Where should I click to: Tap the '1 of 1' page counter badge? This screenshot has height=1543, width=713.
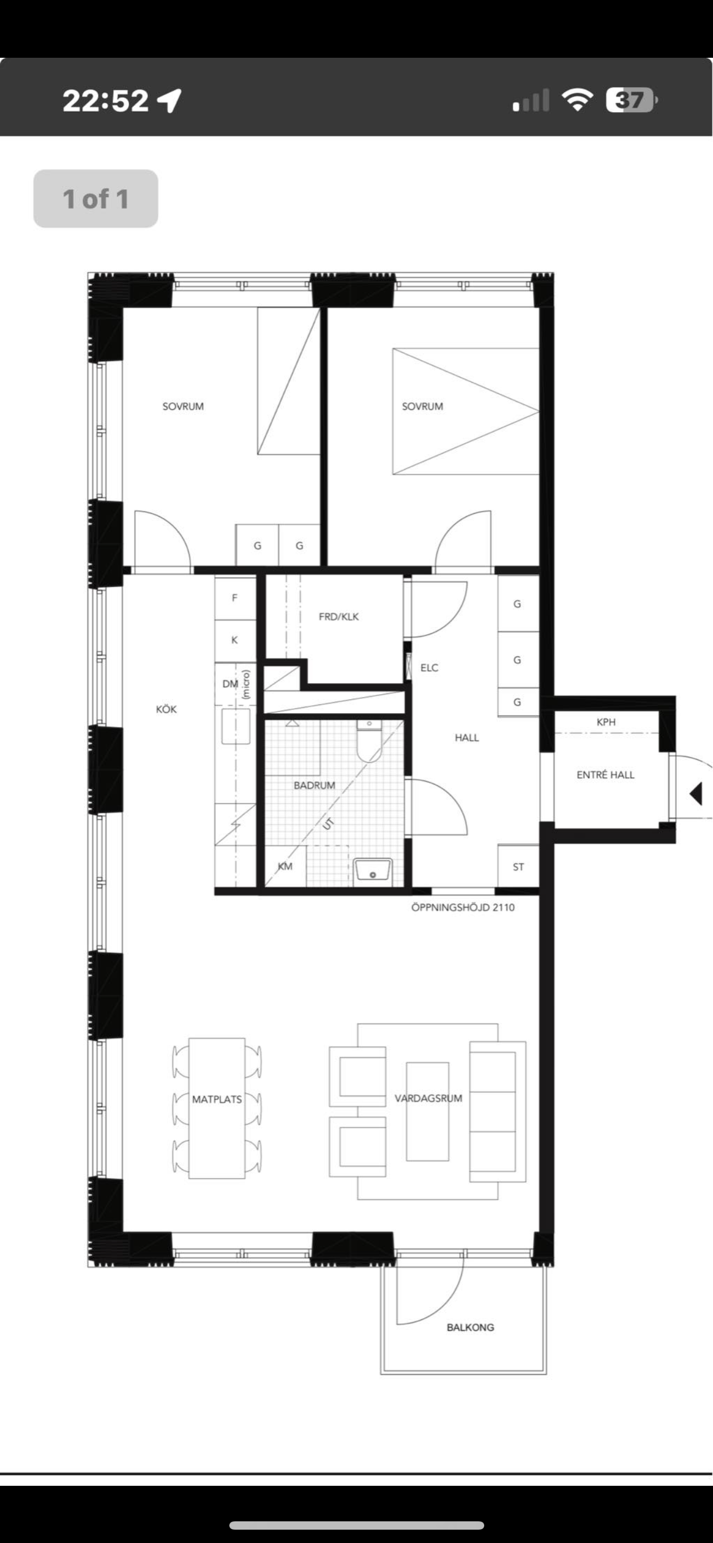click(96, 199)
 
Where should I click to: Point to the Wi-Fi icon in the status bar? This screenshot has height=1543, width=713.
click(577, 100)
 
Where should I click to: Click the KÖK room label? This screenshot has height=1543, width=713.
click(167, 709)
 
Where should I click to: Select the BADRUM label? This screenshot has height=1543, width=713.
click(314, 785)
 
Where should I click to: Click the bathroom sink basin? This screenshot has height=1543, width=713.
click(373, 869)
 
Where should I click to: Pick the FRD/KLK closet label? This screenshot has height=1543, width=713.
click(339, 617)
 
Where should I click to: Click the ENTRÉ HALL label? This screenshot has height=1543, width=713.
click(605, 775)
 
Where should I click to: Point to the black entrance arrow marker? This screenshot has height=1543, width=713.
click(696, 794)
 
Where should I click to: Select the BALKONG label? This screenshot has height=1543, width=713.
click(470, 1327)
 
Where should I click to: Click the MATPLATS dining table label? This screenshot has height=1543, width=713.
click(217, 1100)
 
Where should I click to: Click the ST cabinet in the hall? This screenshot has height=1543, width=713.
click(519, 866)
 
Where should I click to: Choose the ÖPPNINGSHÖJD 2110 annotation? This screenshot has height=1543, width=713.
click(463, 908)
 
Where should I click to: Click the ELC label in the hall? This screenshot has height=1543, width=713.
click(429, 668)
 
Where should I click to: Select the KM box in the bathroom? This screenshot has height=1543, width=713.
click(285, 866)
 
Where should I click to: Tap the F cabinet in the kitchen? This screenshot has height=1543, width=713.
click(235, 598)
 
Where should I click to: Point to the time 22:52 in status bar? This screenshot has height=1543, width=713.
click(106, 101)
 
